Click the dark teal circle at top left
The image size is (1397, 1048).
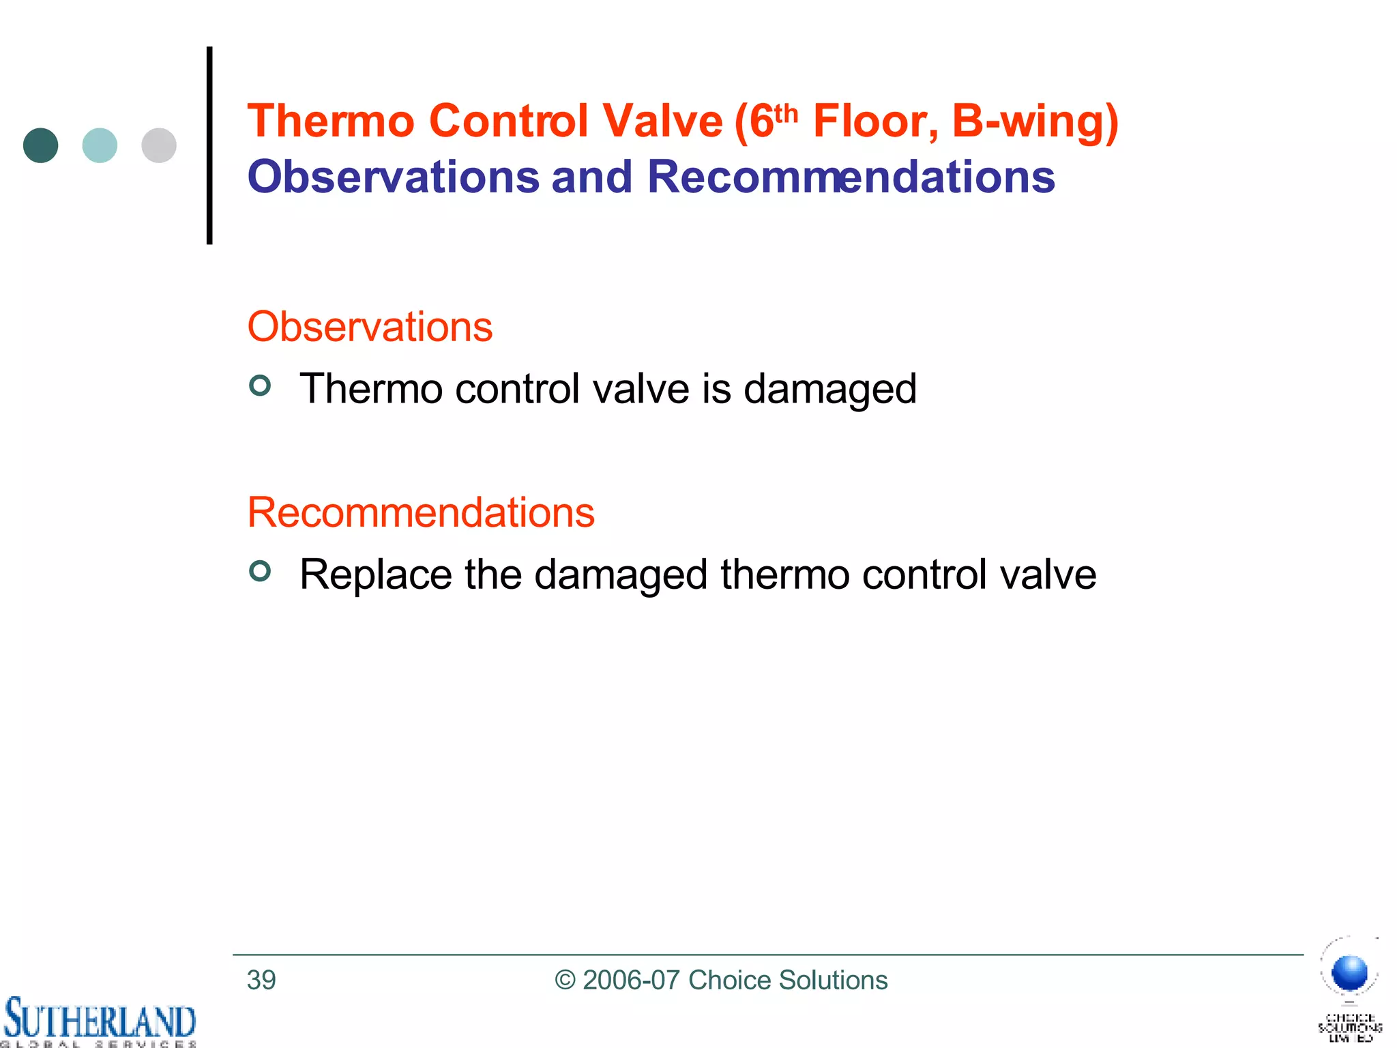pyautogui.click(x=40, y=145)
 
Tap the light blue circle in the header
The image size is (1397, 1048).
pyautogui.click(x=100, y=145)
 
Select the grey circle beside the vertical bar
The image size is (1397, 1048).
pyautogui.click(x=159, y=145)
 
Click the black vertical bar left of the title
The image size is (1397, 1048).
pyautogui.click(x=209, y=145)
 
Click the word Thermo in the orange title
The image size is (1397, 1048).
pyautogui.click(x=331, y=121)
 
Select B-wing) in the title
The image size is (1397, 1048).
pyautogui.click(x=1035, y=121)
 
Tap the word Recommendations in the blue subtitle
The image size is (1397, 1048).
pyautogui.click(x=851, y=177)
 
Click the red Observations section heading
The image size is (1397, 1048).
pyautogui.click(x=370, y=327)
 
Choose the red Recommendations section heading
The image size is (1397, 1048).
pyautogui.click(x=421, y=512)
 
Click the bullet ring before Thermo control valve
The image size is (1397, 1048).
pyautogui.click(x=260, y=385)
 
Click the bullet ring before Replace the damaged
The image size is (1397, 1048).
pyautogui.click(x=260, y=570)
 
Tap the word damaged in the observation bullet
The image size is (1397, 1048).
pyautogui.click(x=829, y=389)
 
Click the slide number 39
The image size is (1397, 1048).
pyautogui.click(x=261, y=980)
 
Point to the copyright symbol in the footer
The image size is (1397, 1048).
pyautogui.click(x=565, y=980)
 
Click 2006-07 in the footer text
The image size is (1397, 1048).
pyautogui.click(x=631, y=980)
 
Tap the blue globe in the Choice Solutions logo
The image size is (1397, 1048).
pyautogui.click(x=1349, y=972)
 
